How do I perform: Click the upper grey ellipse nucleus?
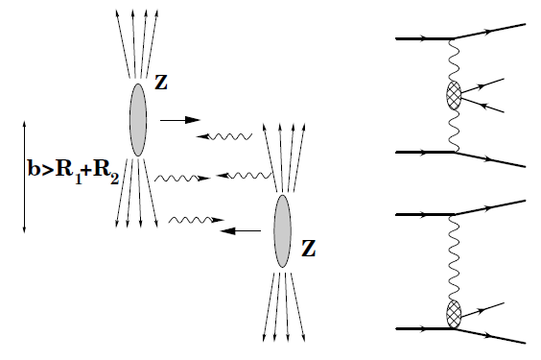138,119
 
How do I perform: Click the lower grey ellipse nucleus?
282,231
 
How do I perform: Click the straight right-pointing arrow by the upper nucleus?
179,120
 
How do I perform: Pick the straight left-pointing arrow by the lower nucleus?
239,230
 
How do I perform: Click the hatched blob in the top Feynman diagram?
454,94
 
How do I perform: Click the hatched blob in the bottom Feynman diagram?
454,313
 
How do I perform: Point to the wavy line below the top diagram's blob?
454,128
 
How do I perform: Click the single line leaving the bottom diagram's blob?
485,306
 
